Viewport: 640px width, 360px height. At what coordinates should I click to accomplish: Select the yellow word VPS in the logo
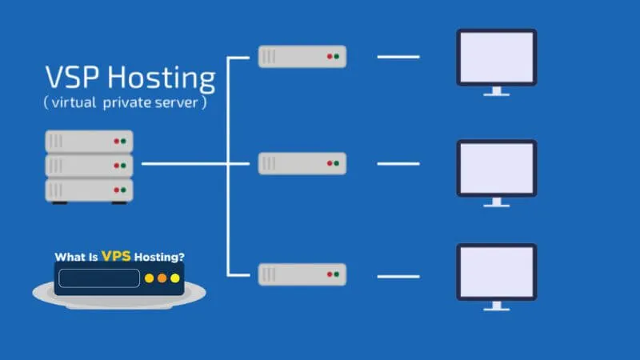tap(116, 258)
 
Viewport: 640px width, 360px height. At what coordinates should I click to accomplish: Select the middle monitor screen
tap(496, 167)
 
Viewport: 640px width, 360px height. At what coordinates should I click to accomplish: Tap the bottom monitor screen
tap(496, 273)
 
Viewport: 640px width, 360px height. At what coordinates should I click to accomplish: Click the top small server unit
tap(302, 56)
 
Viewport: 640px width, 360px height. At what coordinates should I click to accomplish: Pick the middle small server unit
tap(302, 164)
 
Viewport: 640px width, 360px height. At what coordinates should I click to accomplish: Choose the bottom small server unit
tap(302, 275)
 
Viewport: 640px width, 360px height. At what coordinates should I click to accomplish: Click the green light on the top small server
tap(336, 57)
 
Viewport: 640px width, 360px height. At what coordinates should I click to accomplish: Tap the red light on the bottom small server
tap(328, 275)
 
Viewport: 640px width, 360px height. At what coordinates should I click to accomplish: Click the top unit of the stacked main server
tap(89, 142)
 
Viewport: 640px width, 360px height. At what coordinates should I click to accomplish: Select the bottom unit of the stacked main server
tap(89, 190)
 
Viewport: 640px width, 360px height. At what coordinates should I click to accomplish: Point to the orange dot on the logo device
tap(162, 279)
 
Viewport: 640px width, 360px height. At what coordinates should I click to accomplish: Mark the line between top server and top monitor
tap(398, 57)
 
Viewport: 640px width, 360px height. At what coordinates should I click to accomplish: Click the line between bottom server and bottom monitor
tap(398, 276)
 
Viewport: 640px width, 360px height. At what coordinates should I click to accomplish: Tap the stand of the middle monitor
tap(496, 203)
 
